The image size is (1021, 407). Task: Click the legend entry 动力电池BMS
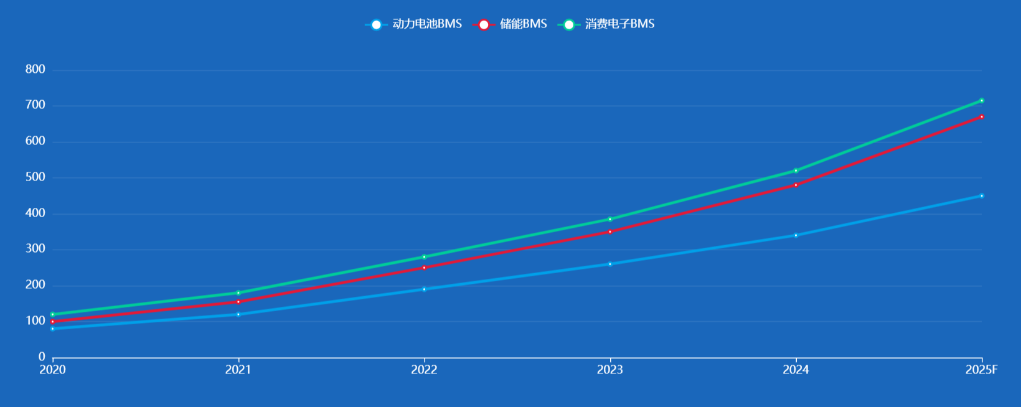pos(414,24)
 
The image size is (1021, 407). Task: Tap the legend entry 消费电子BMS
pos(606,24)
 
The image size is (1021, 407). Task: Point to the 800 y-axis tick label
pos(35,70)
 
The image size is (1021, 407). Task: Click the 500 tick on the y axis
pos(35,177)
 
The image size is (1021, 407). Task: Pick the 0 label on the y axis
pos(42,357)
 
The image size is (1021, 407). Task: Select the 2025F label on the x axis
pos(981,370)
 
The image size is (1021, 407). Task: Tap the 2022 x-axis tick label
pos(424,370)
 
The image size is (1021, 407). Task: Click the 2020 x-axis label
pos(52,370)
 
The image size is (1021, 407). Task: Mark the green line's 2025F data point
pos(982,101)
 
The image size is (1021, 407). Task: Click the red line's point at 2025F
pos(982,117)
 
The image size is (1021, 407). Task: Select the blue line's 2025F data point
pos(982,196)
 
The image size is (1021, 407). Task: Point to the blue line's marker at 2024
pos(796,235)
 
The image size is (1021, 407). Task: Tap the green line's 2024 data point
pos(796,171)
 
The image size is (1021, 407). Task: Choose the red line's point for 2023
pos(610,232)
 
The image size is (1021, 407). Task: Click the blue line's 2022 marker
pos(424,289)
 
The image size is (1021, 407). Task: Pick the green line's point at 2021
pos(238,293)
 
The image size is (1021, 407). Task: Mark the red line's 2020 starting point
pos(52,322)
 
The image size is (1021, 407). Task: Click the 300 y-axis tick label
pos(35,249)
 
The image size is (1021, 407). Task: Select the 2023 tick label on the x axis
pos(610,370)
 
